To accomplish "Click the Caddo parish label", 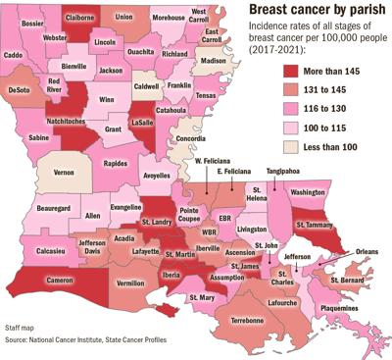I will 14,56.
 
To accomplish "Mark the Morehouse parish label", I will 171,18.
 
